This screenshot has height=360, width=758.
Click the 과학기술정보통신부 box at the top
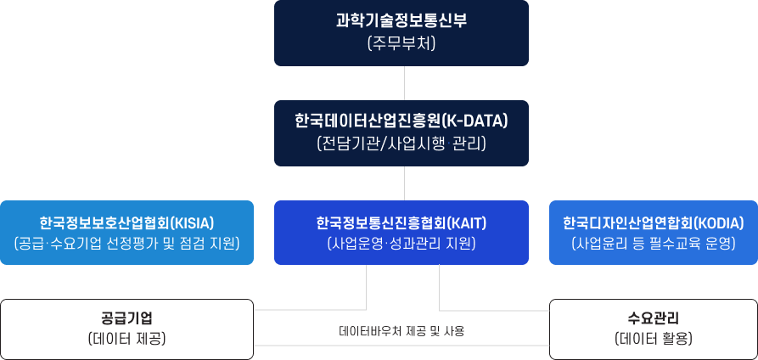click(x=401, y=33)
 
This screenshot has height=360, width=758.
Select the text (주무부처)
click(x=401, y=44)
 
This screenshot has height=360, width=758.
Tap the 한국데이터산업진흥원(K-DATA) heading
click(x=401, y=121)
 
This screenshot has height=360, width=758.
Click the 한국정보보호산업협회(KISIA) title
click(x=126, y=222)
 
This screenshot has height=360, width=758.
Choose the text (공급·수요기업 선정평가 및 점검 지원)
click(x=126, y=244)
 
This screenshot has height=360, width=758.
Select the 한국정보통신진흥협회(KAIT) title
click(x=401, y=222)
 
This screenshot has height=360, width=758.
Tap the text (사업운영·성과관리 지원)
click(x=401, y=244)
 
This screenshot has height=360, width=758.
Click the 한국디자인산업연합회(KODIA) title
click(x=654, y=222)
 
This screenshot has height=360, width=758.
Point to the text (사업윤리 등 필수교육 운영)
click(x=654, y=244)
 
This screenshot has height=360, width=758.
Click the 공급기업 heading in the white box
click(x=126, y=318)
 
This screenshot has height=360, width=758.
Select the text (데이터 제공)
click(x=126, y=338)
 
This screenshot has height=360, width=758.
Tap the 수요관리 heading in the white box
click(x=654, y=318)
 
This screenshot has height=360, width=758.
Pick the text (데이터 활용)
click(x=654, y=338)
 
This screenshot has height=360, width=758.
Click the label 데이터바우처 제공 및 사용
click(x=401, y=331)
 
